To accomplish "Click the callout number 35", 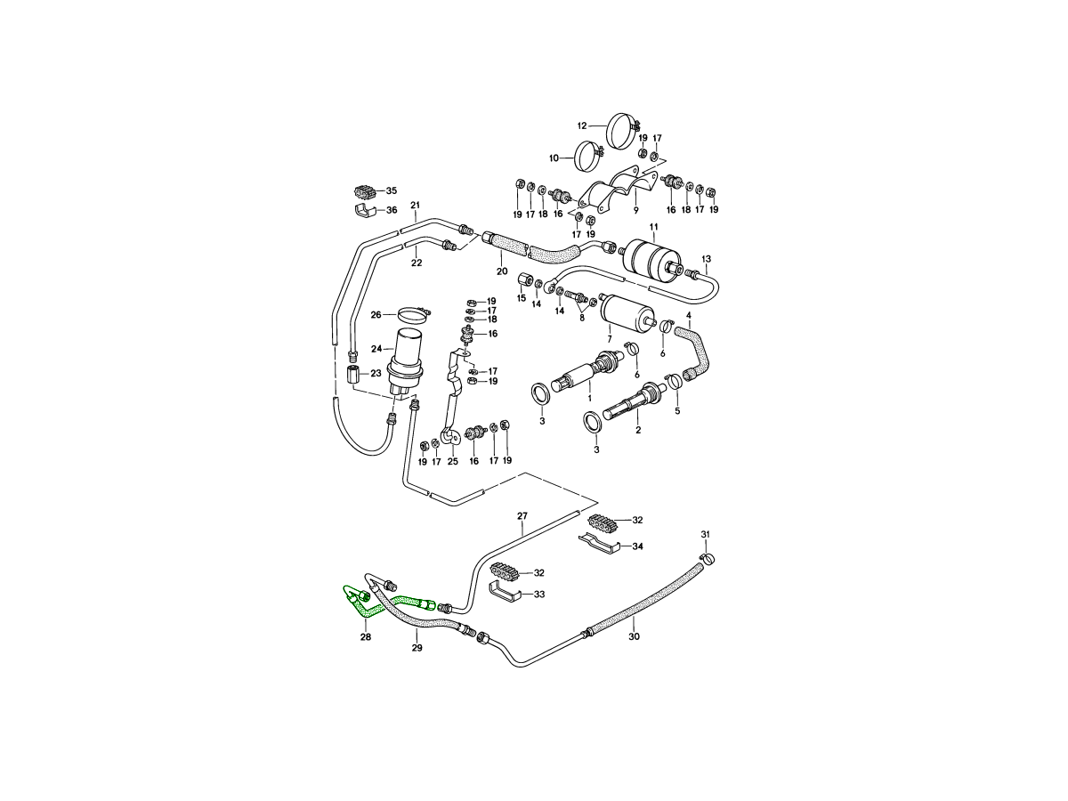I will pos(391,190).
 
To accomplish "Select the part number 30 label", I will pos(634,636).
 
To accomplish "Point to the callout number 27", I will pos(522,516).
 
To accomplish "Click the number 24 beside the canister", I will pos(376,348).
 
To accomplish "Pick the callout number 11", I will pos(654,228).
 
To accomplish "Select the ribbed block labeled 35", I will pos(363,190).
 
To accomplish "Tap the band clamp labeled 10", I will pos(588,158).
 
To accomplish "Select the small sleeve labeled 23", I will pos(352,373).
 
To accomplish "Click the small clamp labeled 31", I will pos(709,558).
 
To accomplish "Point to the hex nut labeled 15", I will pos(523,282).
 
